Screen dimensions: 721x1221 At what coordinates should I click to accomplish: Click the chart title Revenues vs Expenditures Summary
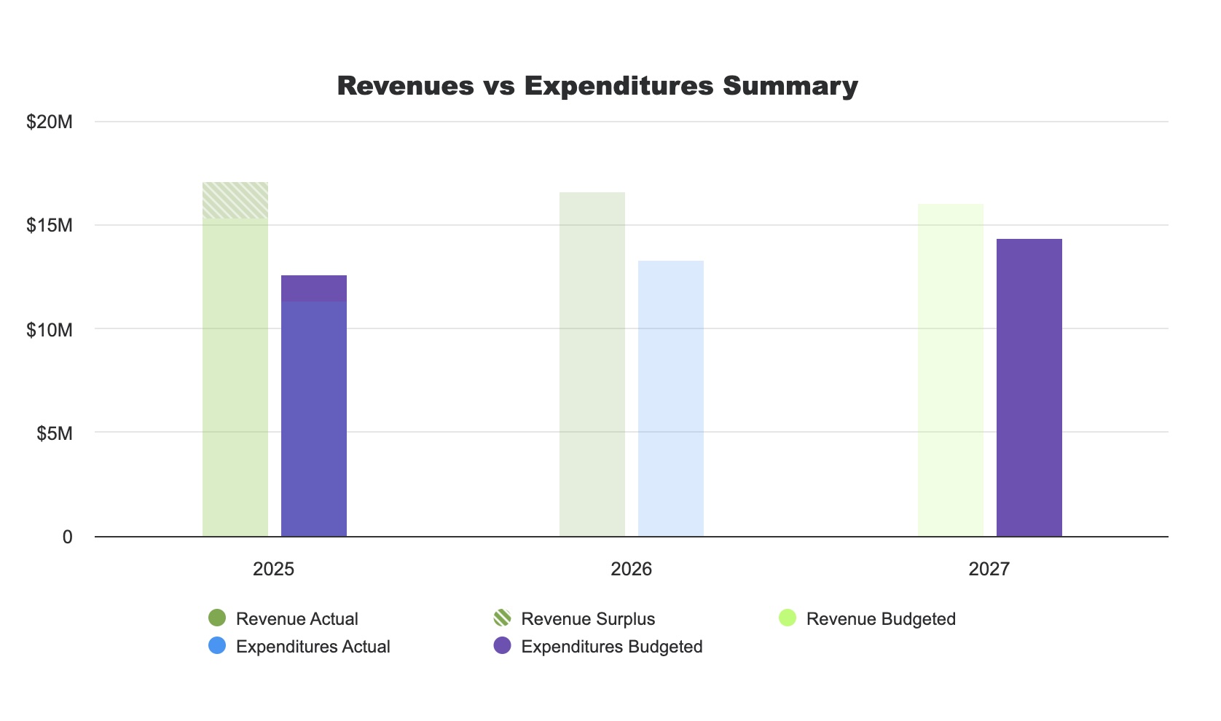[597, 86]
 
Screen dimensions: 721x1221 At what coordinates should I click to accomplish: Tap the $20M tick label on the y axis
[50, 122]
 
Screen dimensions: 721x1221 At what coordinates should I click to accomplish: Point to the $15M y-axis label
[50, 225]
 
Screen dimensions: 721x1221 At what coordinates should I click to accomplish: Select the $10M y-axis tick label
[50, 330]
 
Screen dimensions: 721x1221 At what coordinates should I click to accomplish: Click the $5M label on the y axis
[55, 434]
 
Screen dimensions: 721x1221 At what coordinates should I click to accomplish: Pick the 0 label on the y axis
[68, 537]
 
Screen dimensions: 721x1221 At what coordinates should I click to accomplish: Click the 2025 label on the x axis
[273, 569]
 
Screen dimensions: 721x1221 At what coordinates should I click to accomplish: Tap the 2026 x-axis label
[631, 569]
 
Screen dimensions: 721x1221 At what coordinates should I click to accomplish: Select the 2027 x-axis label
[989, 569]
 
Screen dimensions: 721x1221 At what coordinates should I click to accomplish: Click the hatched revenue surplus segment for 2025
[235, 200]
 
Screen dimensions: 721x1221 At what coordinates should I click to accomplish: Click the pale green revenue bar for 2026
[592, 364]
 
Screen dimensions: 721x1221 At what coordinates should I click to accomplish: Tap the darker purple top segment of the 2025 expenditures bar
[314, 288]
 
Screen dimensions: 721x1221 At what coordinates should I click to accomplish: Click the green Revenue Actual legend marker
[217, 618]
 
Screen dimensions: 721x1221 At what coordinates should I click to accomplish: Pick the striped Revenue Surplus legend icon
[502, 618]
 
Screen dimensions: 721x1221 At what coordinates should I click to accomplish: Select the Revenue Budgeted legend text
[881, 619]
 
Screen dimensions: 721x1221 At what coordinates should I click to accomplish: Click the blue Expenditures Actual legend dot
[217, 646]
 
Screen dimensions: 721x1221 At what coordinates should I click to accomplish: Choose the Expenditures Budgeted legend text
[612, 647]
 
